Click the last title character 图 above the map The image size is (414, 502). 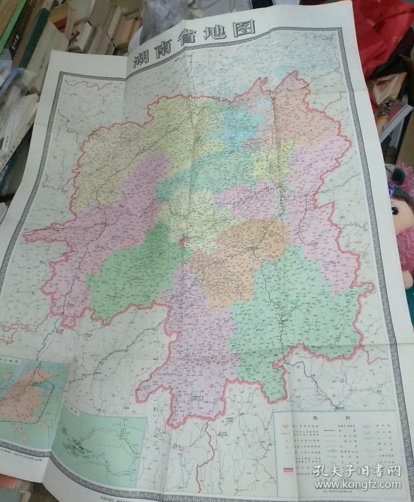[247, 28]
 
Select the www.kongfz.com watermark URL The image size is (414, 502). [357, 484]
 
